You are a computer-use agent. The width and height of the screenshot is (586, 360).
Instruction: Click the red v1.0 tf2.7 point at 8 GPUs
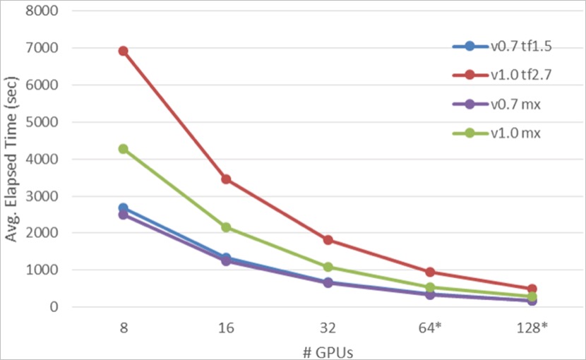coord(123,51)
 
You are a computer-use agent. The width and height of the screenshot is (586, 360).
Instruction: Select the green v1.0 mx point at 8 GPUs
coord(123,149)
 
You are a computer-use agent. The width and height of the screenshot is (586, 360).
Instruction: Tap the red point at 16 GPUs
coord(226,179)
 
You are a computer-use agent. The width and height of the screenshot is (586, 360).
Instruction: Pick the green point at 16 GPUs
coord(226,227)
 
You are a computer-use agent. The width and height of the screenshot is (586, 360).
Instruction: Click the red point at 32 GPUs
coord(328,240)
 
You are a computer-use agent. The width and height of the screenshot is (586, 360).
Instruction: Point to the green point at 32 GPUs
coord(328,267)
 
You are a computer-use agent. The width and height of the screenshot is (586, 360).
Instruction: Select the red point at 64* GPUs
coord(431,272)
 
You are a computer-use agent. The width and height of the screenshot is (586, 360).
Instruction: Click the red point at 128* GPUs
coord(532,289)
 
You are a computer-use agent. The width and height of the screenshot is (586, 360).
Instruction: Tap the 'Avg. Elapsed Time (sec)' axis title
coord(12,159)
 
